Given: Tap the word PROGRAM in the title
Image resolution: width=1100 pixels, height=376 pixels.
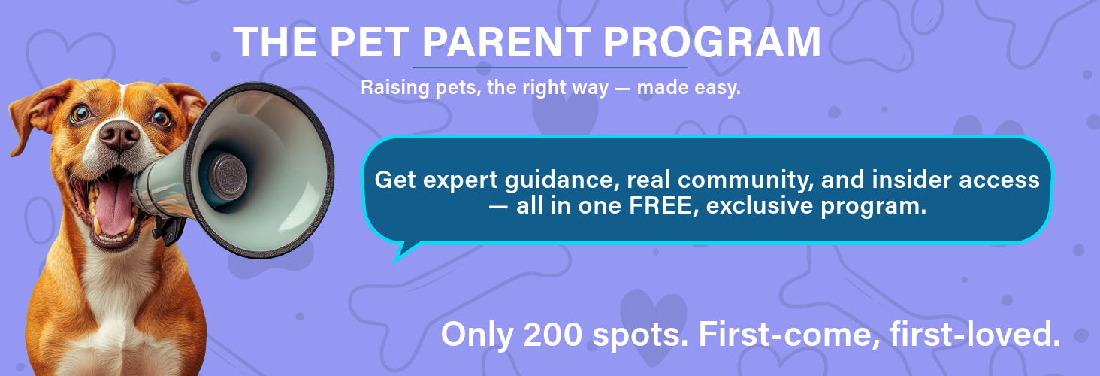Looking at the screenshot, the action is pos(712,42).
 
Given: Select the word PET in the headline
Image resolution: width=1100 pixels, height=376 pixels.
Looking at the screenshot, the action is pos(369,42).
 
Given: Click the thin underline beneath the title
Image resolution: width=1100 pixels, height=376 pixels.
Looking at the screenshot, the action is pos(550,68).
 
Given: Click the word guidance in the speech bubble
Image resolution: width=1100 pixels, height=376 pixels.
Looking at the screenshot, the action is pos(559,180).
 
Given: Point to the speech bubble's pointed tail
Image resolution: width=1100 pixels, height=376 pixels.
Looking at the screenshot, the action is pos(400,256).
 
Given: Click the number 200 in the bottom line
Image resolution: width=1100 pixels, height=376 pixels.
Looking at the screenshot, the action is pos(552,334).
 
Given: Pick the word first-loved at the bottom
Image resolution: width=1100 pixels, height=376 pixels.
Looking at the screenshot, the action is pos(975,334).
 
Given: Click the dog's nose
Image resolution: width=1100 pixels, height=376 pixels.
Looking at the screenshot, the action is pos(119,135).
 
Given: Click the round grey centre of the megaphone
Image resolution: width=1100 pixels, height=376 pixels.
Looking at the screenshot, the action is pos(228,177).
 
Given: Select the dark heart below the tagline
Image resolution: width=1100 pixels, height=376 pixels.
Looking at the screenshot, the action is pos(565,112).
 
